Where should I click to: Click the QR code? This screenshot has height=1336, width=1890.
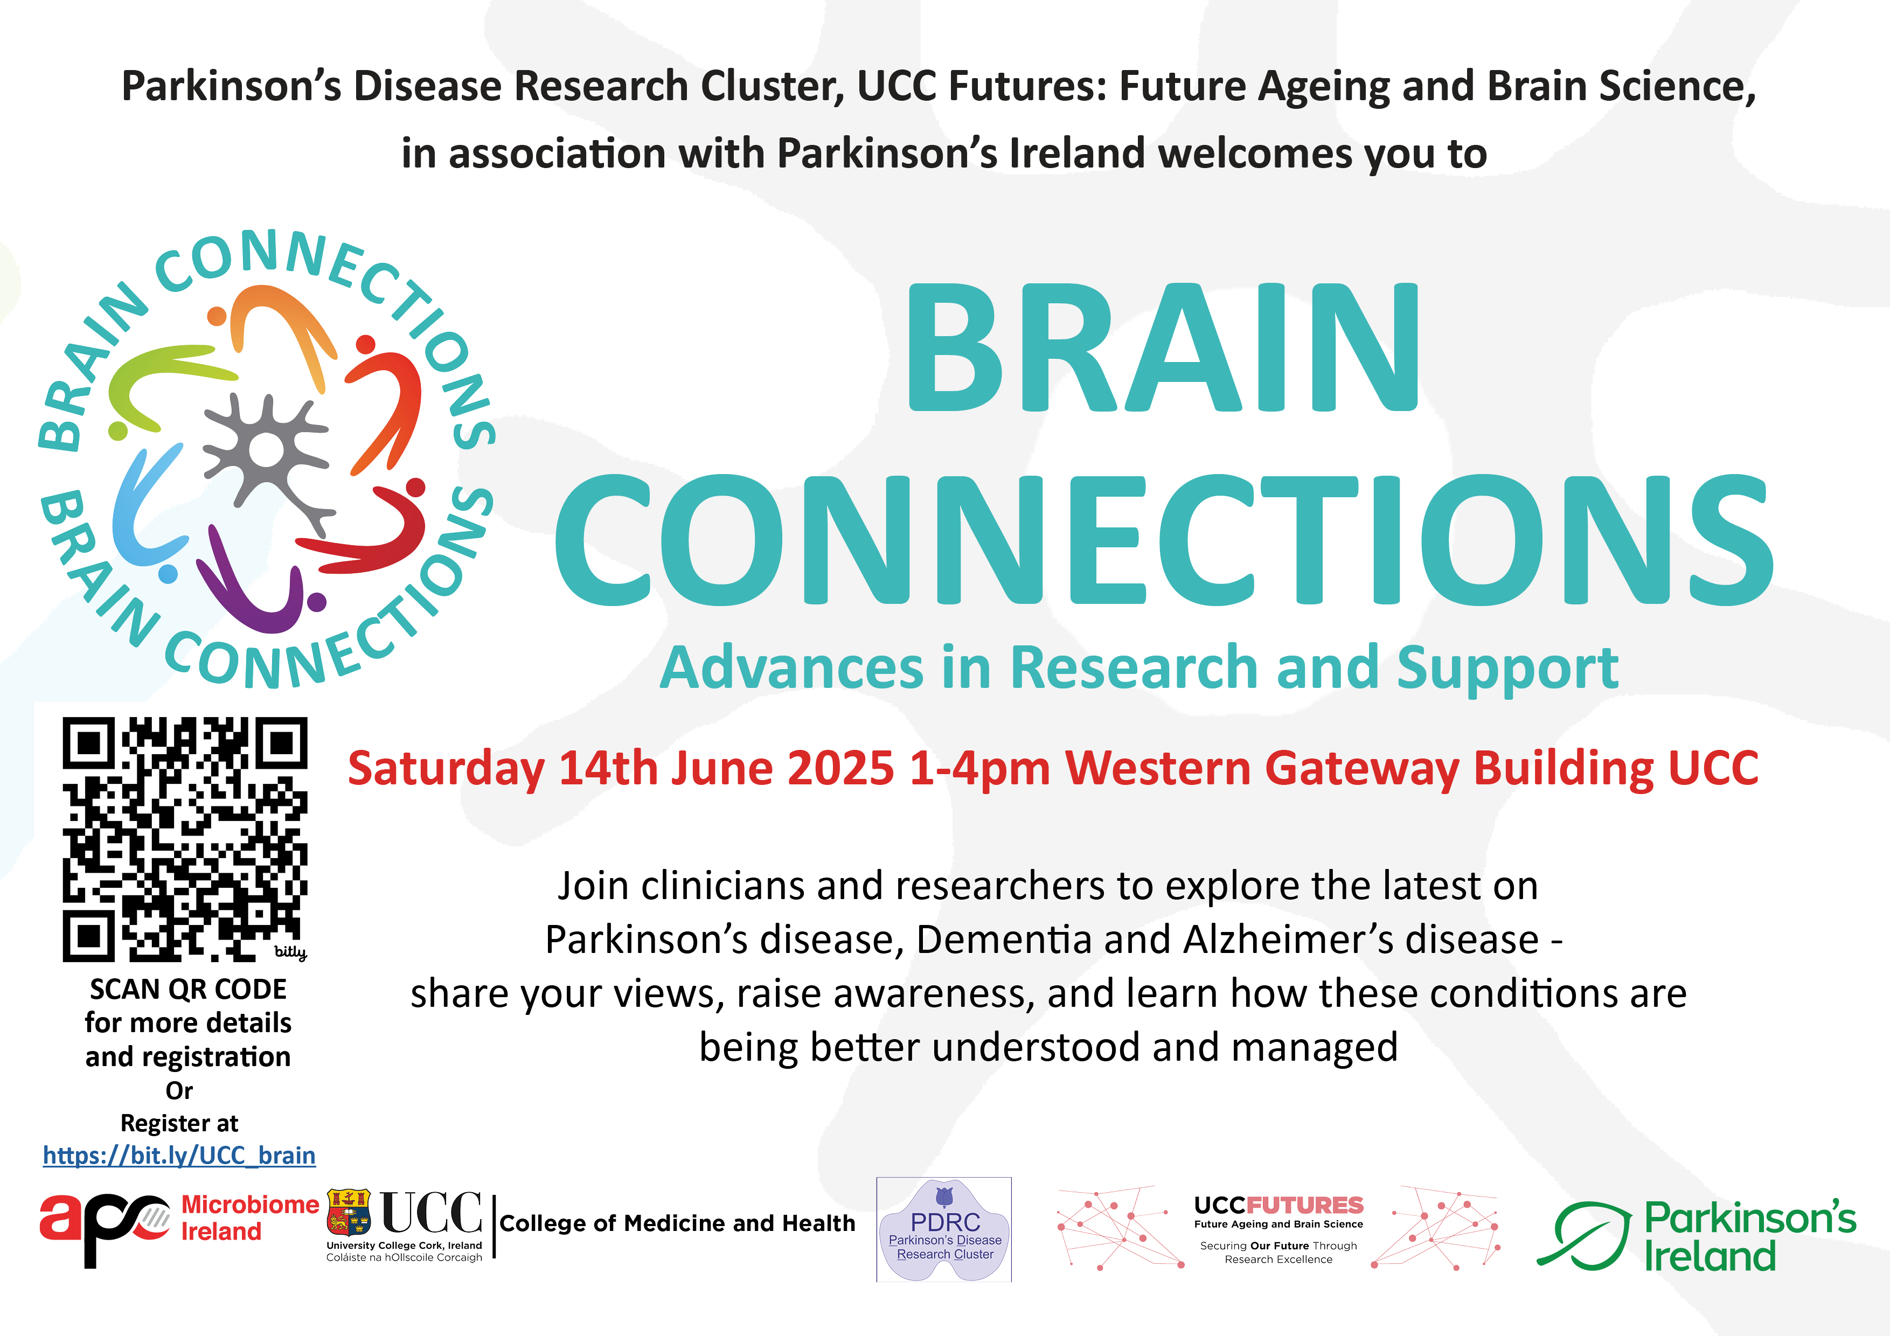[185, 839]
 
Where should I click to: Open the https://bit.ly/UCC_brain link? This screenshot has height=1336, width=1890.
[179, 1156]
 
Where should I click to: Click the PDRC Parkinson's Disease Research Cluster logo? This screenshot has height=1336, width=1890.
[944, 1229]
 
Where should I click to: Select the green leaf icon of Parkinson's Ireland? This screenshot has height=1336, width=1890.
[1584, 1235]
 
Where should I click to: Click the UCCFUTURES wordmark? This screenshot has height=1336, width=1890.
[1278, 1205]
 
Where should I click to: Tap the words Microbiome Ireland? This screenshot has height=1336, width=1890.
[249, 1218]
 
